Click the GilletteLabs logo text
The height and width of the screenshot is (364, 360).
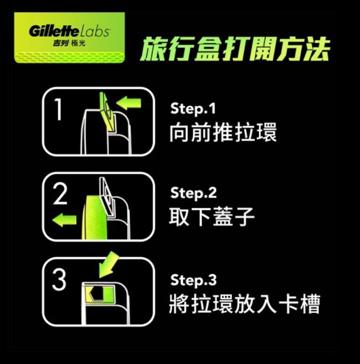69,31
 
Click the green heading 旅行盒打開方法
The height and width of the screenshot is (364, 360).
235,49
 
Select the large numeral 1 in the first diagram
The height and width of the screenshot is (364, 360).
58,110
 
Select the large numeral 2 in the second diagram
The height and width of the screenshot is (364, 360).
60,195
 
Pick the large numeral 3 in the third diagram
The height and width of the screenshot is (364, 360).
59,280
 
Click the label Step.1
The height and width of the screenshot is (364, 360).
193,109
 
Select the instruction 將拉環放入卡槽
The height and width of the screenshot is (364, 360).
244,303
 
